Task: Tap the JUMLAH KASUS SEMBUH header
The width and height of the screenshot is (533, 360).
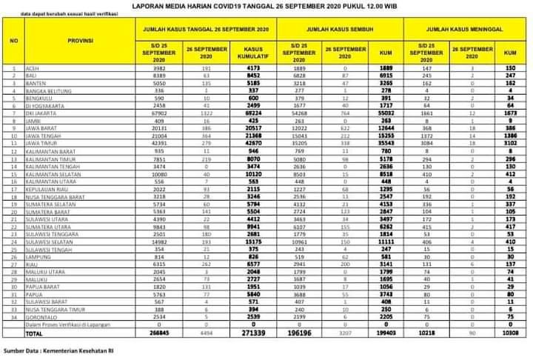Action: point(340,27)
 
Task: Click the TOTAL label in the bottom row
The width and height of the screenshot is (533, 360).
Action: point(33,333)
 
